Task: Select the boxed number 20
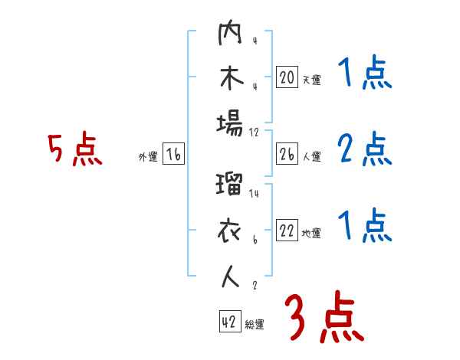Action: (287, 77)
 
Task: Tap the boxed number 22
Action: (287, 231)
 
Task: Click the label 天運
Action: (310, 80)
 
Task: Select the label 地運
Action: (310, 234)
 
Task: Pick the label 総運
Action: (255, 324)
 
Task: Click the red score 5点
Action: (74, 150)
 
